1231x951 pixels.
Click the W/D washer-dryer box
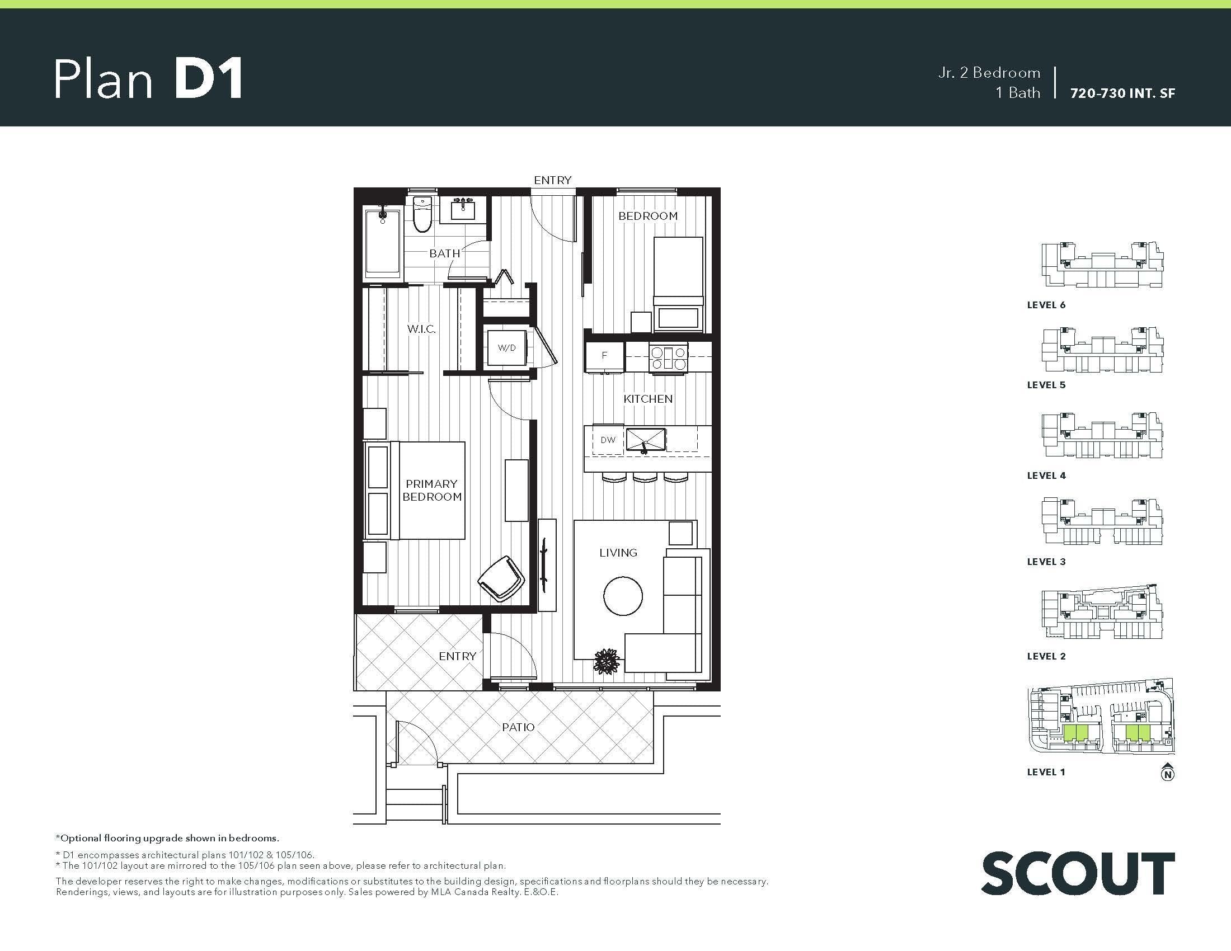507,347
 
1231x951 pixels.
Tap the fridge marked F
605,355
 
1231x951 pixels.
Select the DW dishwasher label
608,440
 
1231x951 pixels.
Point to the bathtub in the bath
383,244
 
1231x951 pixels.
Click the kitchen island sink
646,440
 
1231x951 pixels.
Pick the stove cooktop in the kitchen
668,357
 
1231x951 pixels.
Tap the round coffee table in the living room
623,596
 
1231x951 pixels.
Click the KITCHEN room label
647,399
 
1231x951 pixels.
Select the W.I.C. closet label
421,328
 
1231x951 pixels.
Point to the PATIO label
518,727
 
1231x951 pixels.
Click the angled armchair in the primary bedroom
501,579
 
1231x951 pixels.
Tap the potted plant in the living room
607,661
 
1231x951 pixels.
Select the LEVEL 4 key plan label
1046,475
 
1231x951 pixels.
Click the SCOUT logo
1078,873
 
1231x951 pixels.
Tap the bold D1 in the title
208,79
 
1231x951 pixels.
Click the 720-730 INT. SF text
1123,93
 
